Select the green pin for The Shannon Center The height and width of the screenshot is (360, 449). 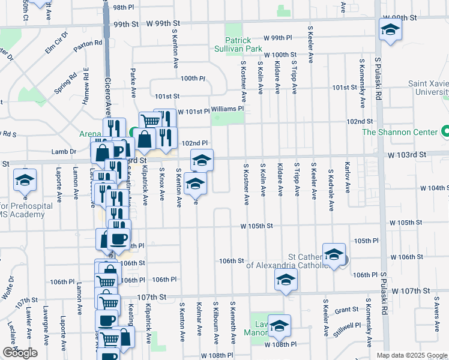pos(445,131)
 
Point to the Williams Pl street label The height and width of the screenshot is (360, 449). pos(228,109)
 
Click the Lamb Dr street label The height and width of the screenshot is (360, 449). pos(64,152)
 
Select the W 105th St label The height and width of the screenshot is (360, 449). pos(256,226)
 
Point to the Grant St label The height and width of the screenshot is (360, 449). pos(346,310)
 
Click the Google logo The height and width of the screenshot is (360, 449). pos(20,353)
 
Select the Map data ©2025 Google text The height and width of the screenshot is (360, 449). pos(411,355)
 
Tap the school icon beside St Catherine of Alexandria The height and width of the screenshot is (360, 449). pos(334,254)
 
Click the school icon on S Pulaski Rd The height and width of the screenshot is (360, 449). pos(390,30)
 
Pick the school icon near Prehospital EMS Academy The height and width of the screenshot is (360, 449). pos(25,180)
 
